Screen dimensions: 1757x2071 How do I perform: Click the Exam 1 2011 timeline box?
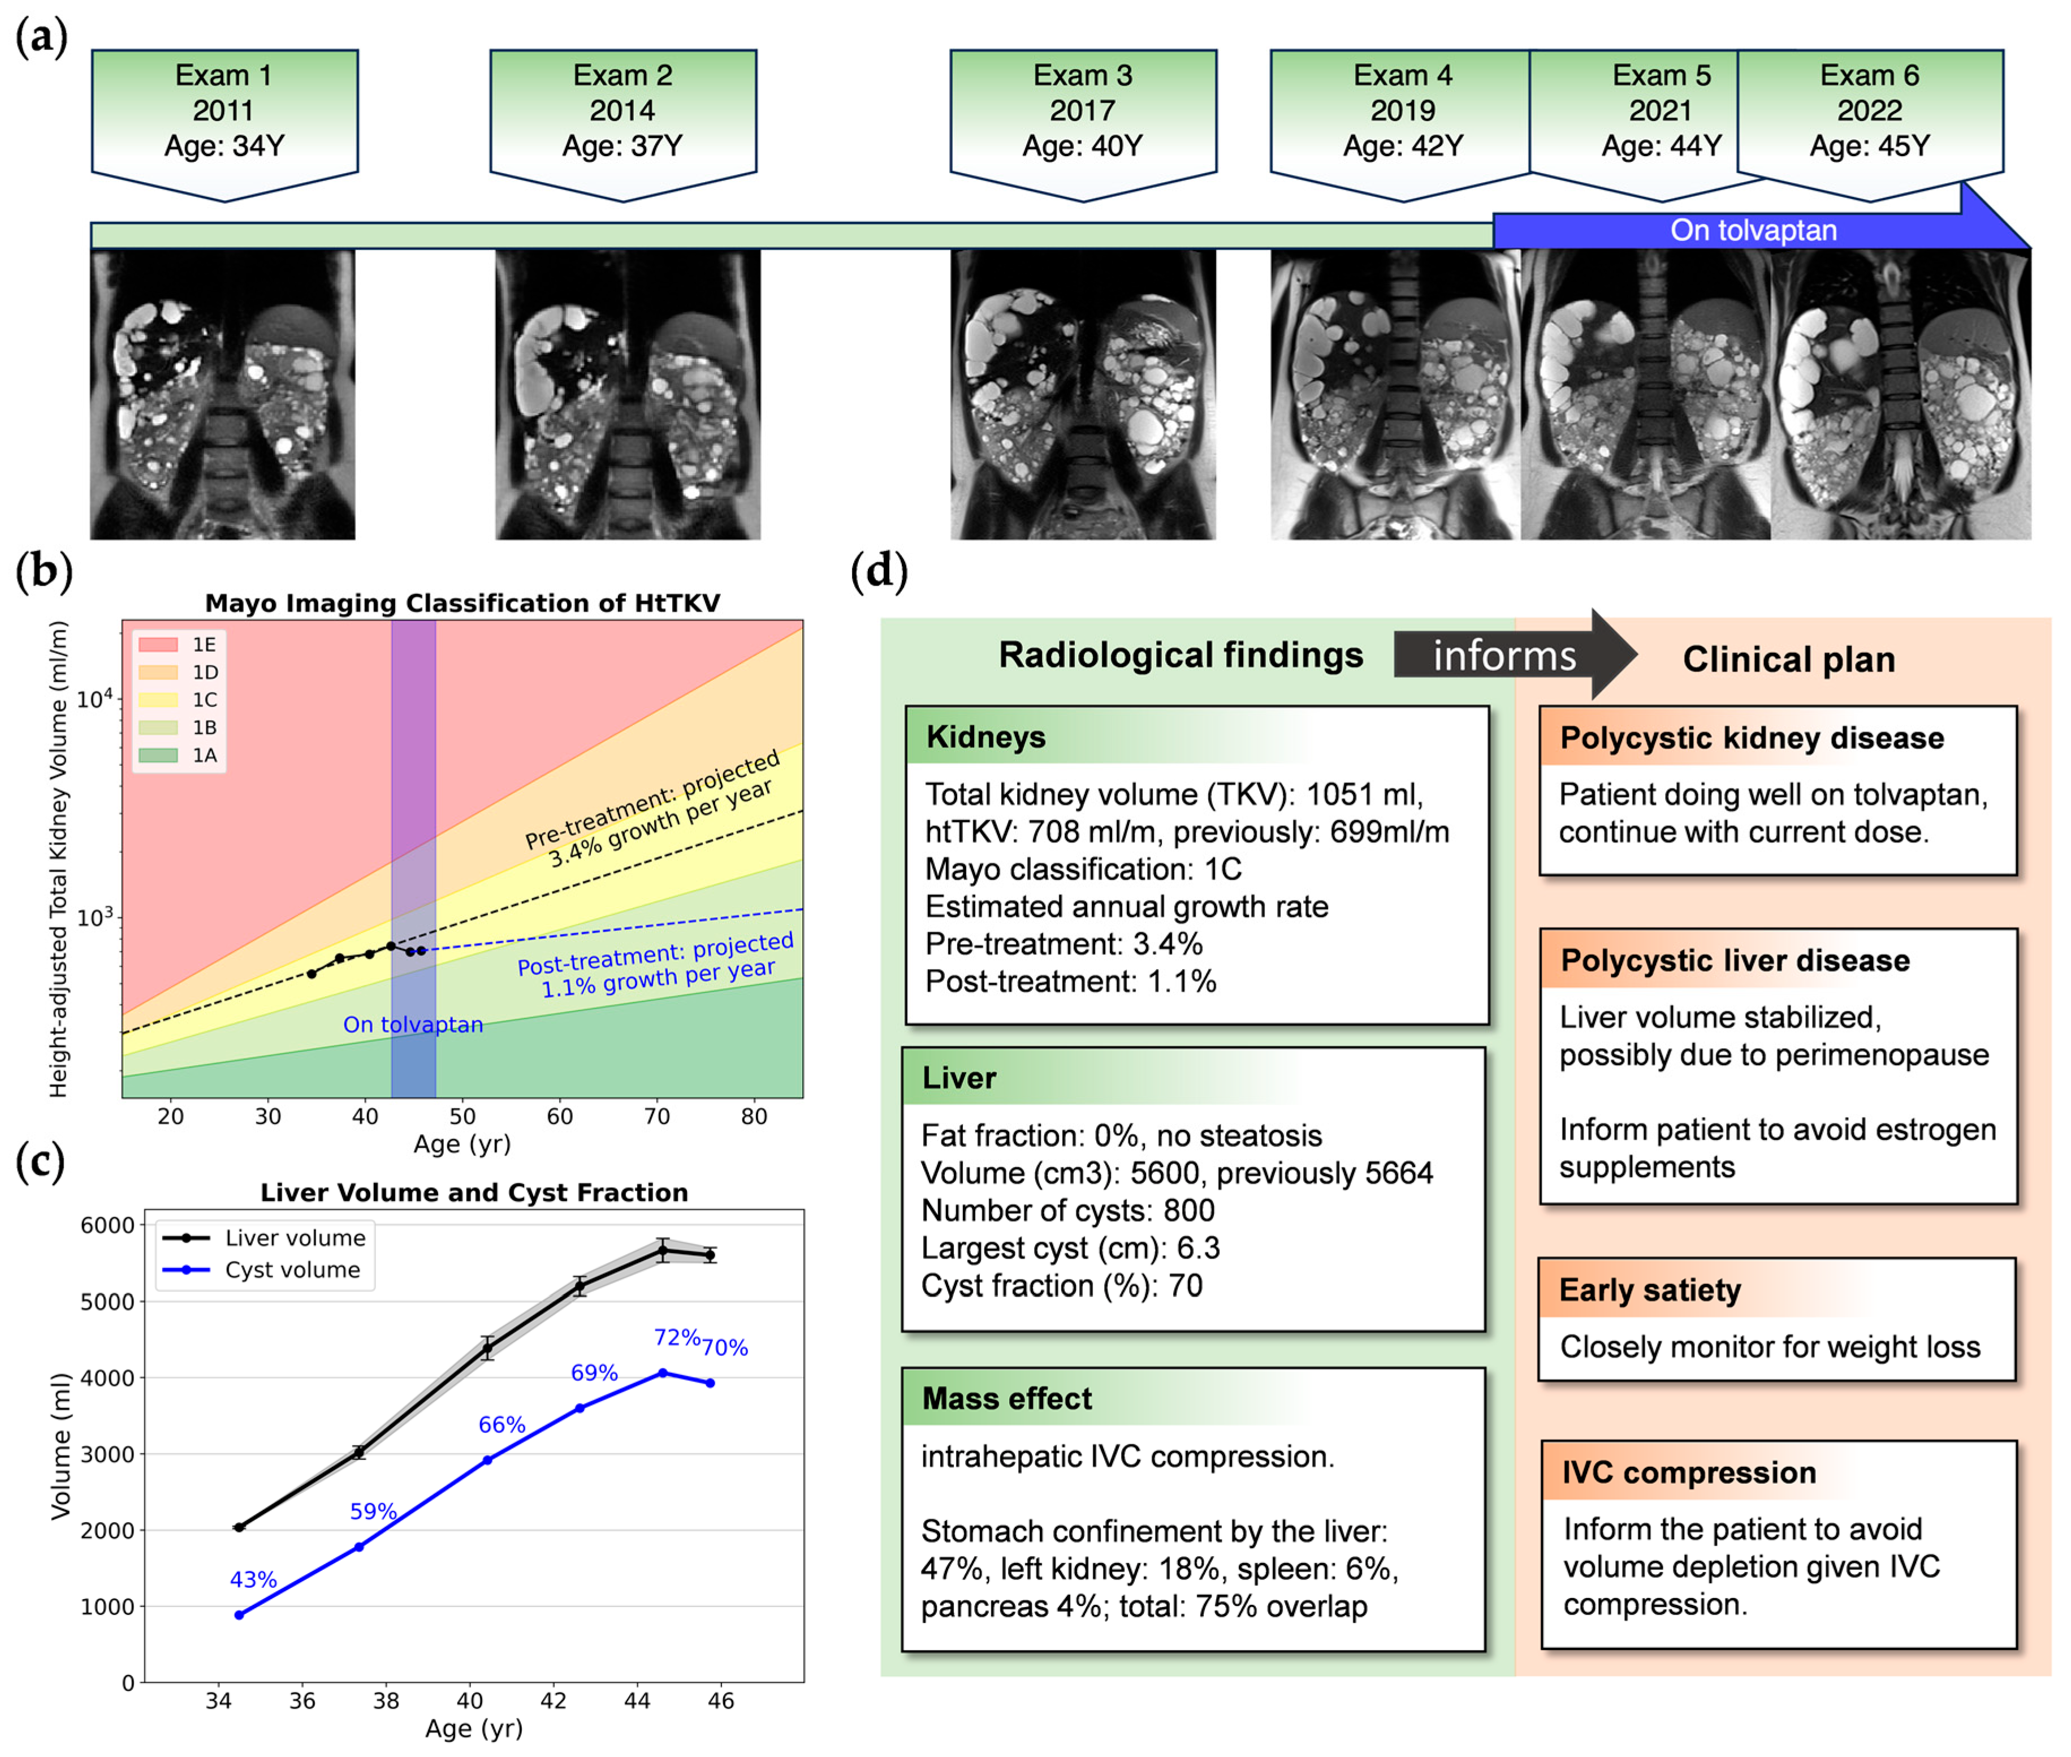[x=224, y=111]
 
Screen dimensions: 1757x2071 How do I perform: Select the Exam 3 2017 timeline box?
[x=1082, y=111]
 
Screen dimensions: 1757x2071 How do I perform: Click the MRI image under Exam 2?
[x=627, y=394]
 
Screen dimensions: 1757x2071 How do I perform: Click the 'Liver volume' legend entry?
[x=264, y=1238]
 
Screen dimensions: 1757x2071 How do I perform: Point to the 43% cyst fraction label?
[x=253, y=1580]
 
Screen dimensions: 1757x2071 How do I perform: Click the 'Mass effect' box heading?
[x=1006, y=1398]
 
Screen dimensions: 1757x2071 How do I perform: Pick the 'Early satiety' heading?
[x=1650, y=1290]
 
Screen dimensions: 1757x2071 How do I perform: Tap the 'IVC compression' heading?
[x=1689, y=1472]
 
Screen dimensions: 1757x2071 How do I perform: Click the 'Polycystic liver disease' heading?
[x=1735, y=960]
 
